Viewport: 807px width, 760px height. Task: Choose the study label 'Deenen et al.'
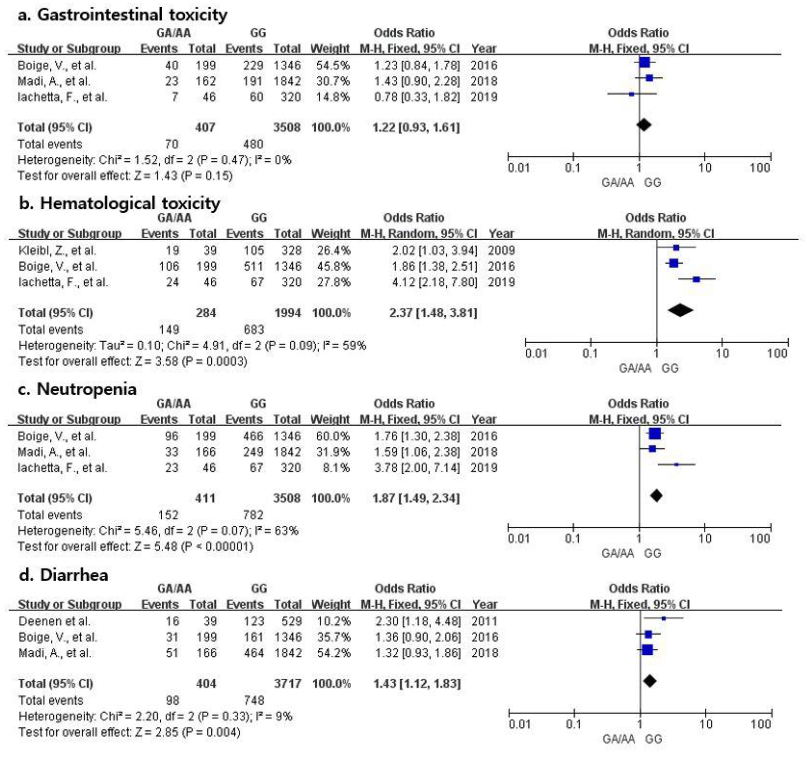54,621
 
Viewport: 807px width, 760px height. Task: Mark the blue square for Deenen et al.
663,618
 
